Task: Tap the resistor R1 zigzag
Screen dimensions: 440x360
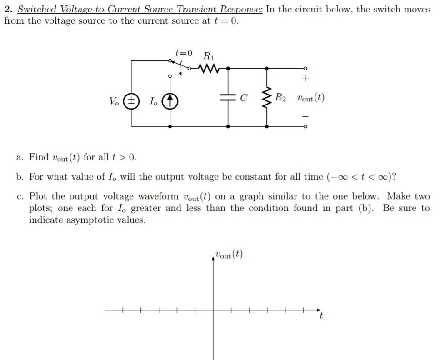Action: tap(209, 69)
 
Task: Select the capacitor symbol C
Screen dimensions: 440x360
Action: tap(227, 98)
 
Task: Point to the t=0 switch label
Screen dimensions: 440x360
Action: tap(184, 54)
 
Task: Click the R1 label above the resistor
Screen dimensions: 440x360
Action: tap(208, 56)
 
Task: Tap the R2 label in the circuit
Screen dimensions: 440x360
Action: tap(280, 98)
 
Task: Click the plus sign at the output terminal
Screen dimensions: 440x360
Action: tap(305, 79)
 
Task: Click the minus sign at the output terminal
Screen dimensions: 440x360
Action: tap(305, 116)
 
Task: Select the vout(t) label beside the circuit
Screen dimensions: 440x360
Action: tap(311, 98)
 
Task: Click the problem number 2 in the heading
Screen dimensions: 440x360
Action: tap(7, 10)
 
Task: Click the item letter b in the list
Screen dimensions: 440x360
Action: tap(19, 177)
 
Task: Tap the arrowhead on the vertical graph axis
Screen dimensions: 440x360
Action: tap(213, 258)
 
